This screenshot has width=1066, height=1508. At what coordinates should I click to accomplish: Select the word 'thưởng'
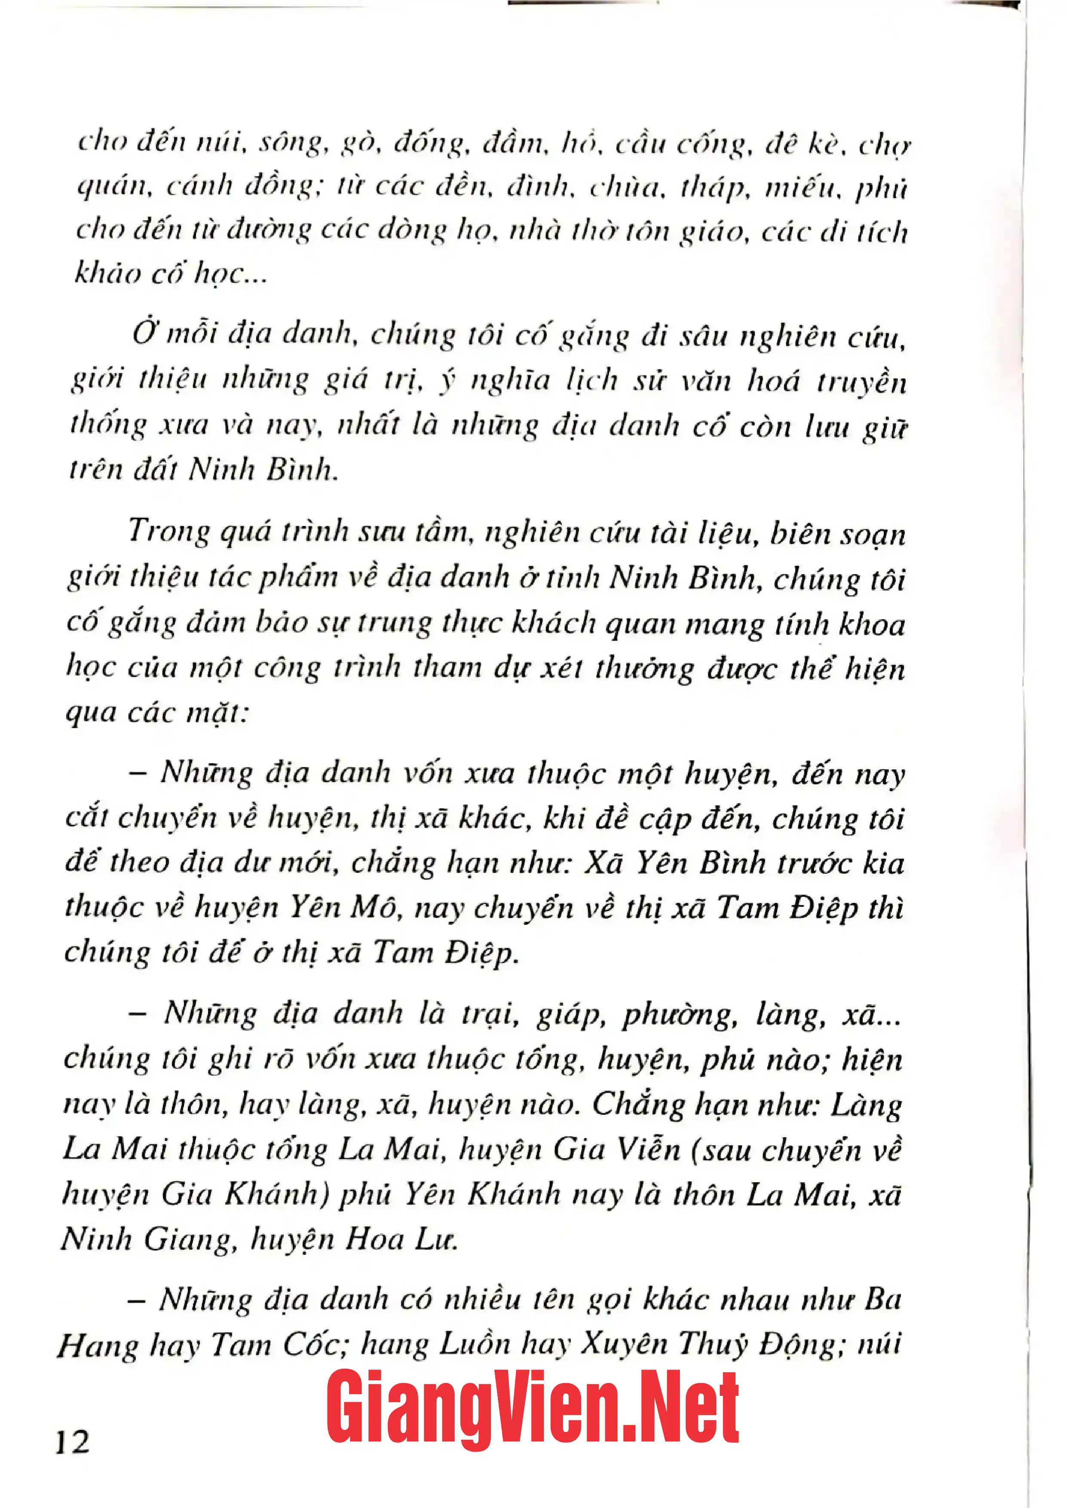pyautogui.click(x=644, y=669)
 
